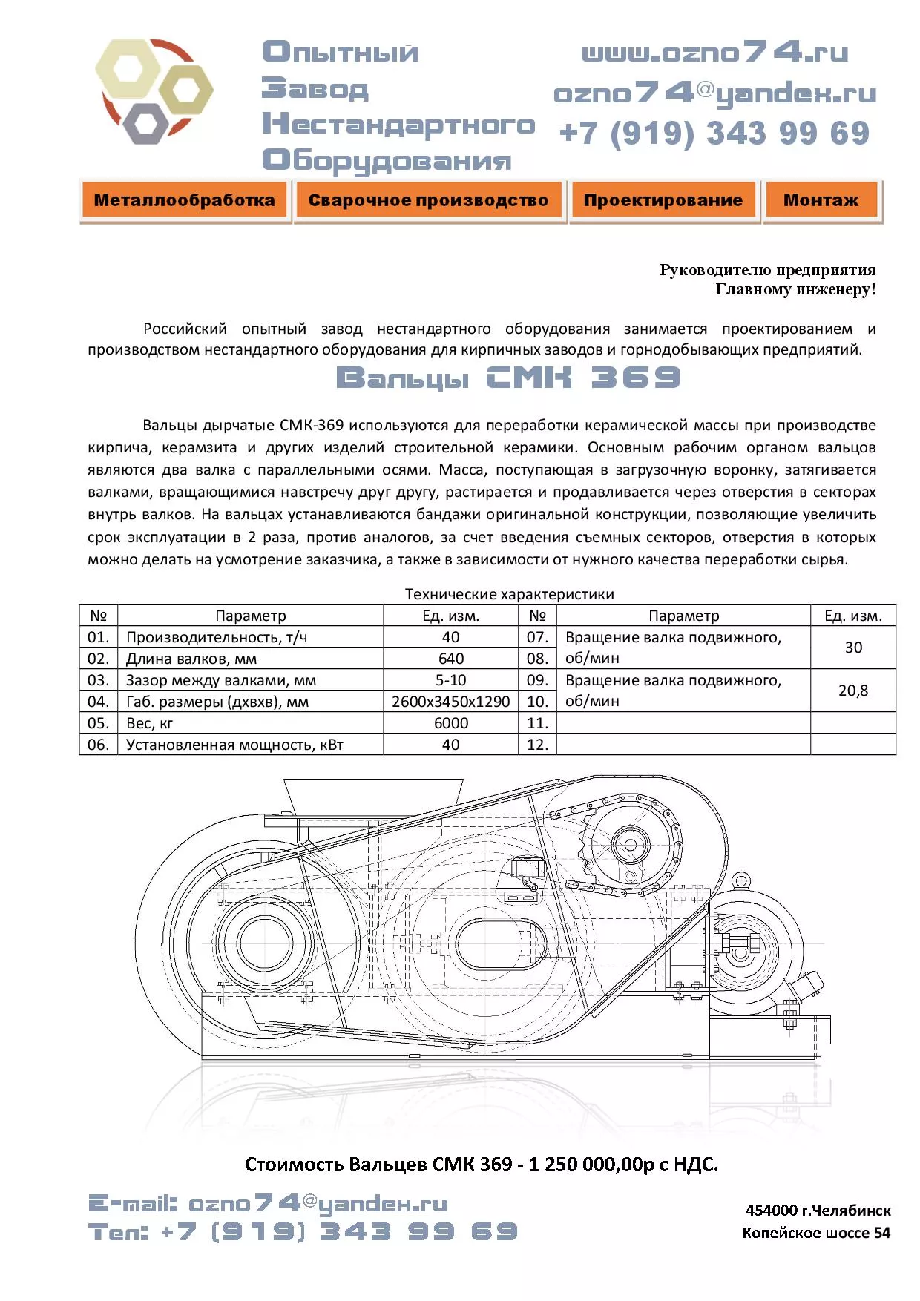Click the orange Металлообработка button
click(x=184, y=200)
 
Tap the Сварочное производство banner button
click(x=428, y=200)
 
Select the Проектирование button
click(x=663, y=200)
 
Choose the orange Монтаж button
click(x=821, y=200)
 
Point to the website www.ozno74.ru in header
click(x=714, y=53)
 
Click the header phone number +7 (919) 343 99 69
click(x=714, y=134)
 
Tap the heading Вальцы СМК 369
click(x=508, y=378)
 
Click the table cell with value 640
click(x=450, y=659)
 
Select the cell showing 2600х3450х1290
click(x=450, y=702)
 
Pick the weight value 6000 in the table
click(x=450, y=723)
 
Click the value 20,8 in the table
click(x=852, y=691)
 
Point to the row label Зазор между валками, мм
click(x=220, y=680)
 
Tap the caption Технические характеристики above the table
click(x=509, y=594)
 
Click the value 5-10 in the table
click(x=450, y=680)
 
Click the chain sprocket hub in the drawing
click(x=631, y=845)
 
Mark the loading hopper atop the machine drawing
click(x=373, y=797)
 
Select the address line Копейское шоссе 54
click(x=816, y=1233)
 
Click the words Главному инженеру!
click(x=795, y=289)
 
